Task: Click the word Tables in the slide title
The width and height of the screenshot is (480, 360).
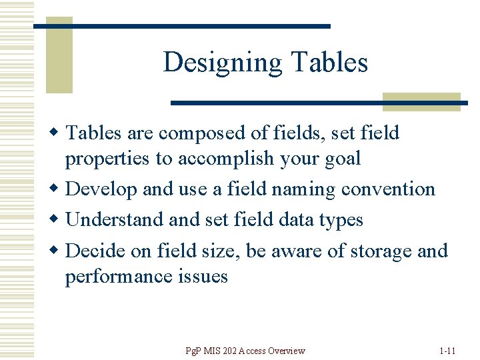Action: coord(329,63)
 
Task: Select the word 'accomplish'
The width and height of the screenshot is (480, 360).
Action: coord(213,159)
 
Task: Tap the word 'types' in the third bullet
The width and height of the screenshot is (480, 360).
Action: coord(341,221)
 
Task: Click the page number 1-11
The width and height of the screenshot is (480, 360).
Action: coord(447,351)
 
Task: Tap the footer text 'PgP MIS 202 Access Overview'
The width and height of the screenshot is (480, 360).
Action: coord(246,351)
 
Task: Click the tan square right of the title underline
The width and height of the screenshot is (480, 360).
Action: coord(421,101)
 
